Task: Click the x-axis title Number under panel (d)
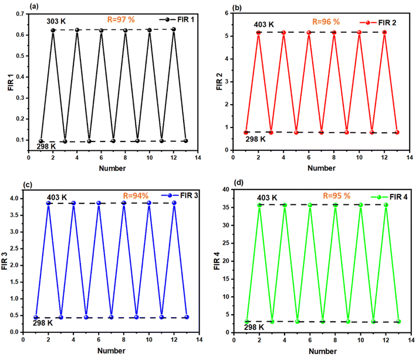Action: coord(322,352)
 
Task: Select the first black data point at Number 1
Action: coord(40,141)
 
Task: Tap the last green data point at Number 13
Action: coord(398,322)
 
